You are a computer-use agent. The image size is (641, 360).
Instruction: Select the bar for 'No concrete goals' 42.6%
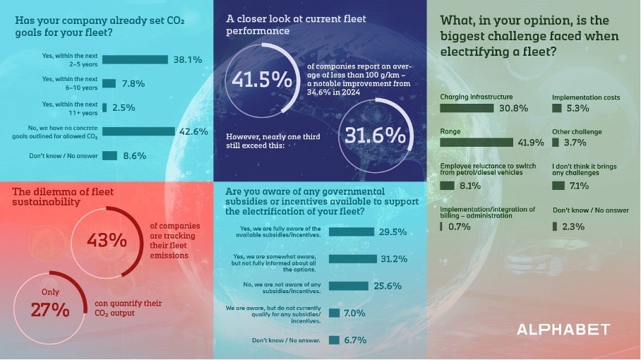point(138,131)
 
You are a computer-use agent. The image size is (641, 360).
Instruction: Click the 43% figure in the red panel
point(107,240)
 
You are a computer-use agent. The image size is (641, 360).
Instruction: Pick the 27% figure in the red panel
point(49,309)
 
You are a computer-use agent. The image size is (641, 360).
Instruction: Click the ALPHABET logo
point(563,330)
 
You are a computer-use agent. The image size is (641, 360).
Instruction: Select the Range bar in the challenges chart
point(477,143)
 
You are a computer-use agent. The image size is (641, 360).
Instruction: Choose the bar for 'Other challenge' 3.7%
point(557,143)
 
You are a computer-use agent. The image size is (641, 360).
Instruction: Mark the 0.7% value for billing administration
point(460,226)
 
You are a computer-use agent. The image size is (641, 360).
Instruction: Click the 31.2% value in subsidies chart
point(395,259)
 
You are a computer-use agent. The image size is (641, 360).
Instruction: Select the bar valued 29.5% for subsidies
point(351,232)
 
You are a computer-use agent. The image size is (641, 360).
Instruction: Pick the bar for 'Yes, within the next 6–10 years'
point(109,83)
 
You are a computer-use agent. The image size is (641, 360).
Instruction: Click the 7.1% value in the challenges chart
point(579,186)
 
